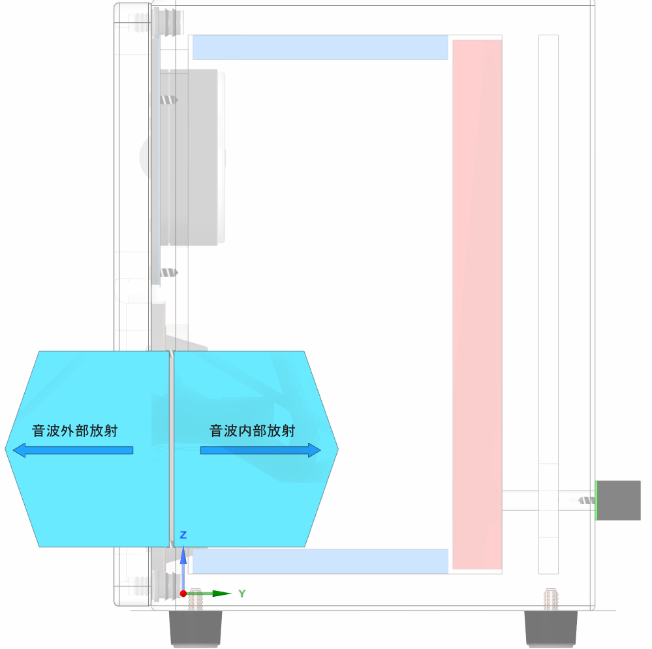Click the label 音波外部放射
[x=75, y=431]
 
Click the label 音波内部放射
[x=253, y=431]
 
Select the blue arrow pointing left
[x=72, y=451]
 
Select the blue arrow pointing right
[x=260, y=451]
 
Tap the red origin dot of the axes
[x=183, y=594]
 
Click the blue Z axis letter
[x=183, y=535]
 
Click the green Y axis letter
[x=242, y=594]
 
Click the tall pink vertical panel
[x=477, y=305]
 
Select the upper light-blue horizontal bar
[x=320, y=48]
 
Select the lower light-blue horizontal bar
[x=320, y=562]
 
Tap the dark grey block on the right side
[x=619, y=500]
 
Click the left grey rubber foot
[x=195, y=628]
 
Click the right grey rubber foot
[x=551, y=628]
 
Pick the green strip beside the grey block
[x=596, y=500]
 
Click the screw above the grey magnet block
[x=169, y=100]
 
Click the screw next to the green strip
[x=587, y=500]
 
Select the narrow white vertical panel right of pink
[x=548, y=305]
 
